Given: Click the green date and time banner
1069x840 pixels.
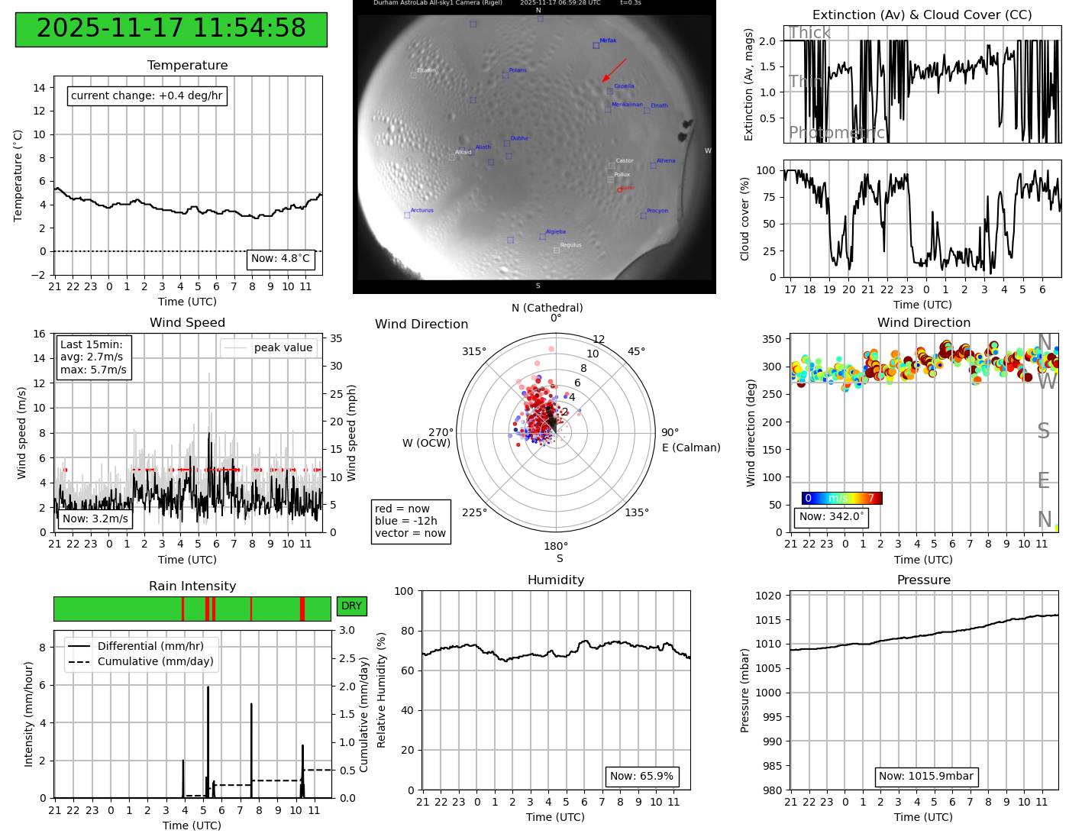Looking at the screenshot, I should coord(171,29).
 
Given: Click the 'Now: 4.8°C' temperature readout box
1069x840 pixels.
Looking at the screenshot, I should coord(280,259).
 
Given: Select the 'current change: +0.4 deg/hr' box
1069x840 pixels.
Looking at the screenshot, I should coord(147,95).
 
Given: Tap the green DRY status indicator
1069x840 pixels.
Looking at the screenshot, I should coord(351,606).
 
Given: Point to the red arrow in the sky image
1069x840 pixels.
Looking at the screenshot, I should coord(614,69).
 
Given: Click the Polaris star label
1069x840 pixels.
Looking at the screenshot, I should coord(518,70).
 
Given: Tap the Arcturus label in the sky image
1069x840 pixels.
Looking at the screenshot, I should coord(421,211).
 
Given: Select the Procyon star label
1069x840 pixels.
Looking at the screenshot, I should coord(657,211).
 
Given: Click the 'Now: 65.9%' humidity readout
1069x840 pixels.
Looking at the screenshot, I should coord(641,777).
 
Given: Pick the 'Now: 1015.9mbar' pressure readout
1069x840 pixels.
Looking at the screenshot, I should coord(925,777).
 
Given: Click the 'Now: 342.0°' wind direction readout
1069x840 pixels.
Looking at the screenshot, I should coord(831,517).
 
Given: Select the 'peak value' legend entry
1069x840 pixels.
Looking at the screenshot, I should coord(283,347).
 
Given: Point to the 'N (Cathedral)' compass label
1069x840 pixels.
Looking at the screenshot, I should coord(547,308).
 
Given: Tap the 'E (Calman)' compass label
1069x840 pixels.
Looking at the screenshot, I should coord(691,447).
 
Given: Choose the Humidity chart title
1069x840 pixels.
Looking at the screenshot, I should coord(555,580).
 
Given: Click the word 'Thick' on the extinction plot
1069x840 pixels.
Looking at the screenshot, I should coord(809,33).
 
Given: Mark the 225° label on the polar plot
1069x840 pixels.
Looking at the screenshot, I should coord(474,512).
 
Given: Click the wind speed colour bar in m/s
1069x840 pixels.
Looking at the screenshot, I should coord(841,499).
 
